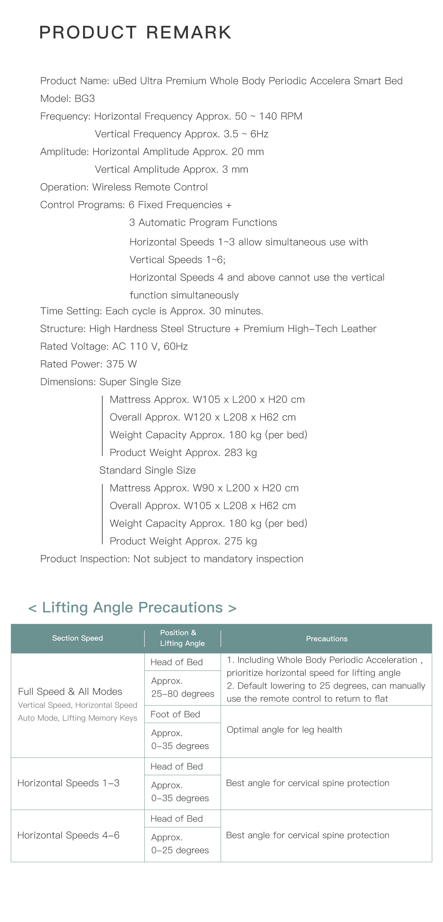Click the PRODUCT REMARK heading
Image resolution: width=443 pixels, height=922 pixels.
pyautogui.click(x=135, y=32)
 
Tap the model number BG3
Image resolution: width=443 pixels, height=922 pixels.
pyautogui.click(x=85, y=99)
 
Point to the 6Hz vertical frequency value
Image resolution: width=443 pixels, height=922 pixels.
pyautogui.click(x=259, y=134)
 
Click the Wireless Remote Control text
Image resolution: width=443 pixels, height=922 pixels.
pyautogui.click(x=150, y=187)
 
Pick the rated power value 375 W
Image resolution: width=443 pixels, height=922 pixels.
pyautogui.click(x=121, y=364)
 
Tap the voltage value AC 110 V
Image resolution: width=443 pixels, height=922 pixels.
pyautogui.click(x=136, y=347)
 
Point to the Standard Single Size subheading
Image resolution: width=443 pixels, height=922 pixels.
pyautogui.click(x=147, y=471)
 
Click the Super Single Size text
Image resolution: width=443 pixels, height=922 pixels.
pyautogui.click(x=140, y=382)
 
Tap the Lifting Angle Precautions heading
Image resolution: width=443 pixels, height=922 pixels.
pyautogui.click(x=132, y=607)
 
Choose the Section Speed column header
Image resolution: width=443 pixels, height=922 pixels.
pyautogui.click(x=78, y=638)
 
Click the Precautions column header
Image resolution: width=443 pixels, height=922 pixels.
pyautogui.click(x=327, y=639)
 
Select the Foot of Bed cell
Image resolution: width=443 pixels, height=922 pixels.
pyautogui.click(x=175, y=714)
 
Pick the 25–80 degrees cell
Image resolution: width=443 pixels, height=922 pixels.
pyautogui.click(x=183, y=694)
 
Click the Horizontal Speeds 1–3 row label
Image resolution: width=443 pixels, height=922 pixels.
pyautogui.click(x=69, y=783)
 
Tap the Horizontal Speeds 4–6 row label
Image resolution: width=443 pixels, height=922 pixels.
pyautogui.click(x=69, y=835)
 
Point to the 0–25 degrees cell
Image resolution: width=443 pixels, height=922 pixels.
pyautogui.click(x=180, y=850)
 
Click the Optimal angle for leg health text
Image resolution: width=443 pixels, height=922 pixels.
pyautogui.click(x=284, y=729)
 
